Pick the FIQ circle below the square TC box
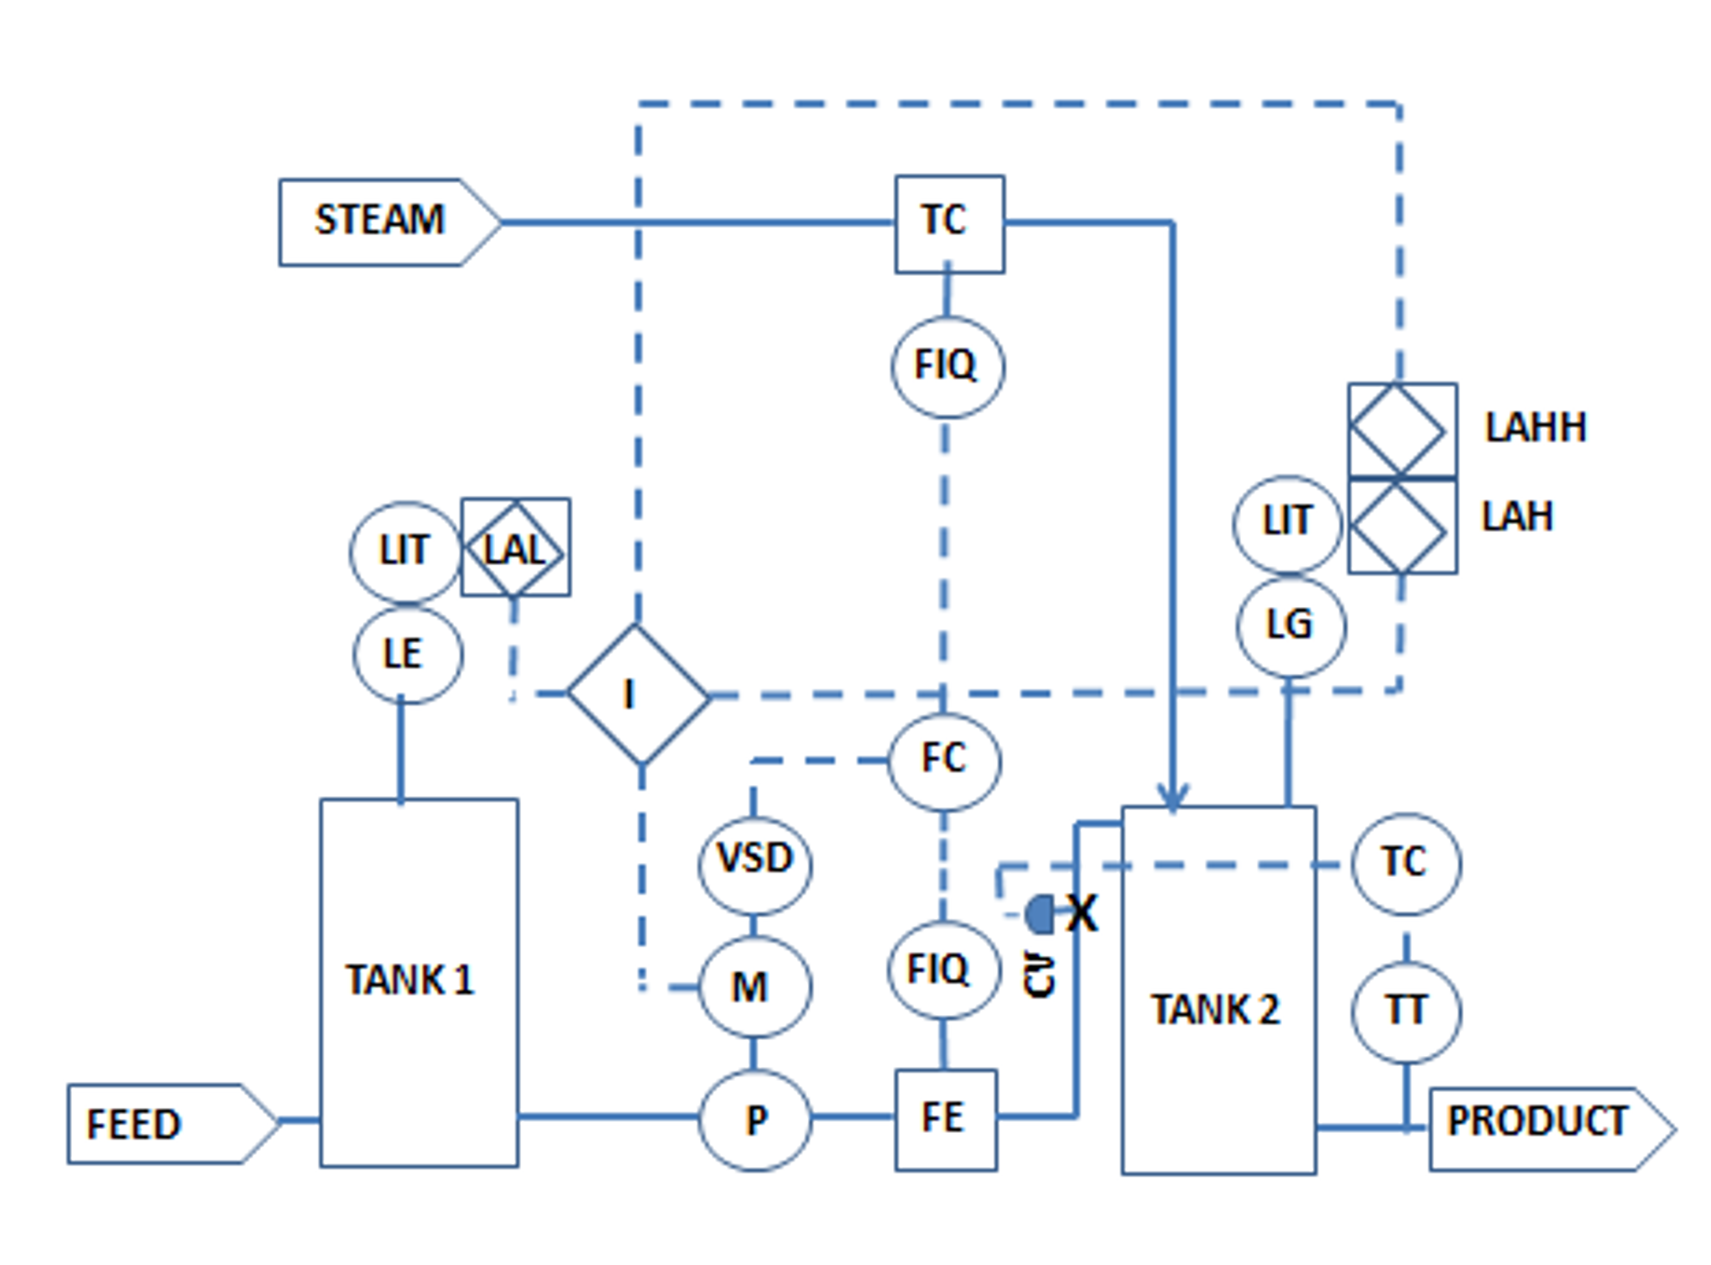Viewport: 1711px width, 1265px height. (947, 366)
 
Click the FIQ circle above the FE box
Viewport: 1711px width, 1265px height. (942, 970)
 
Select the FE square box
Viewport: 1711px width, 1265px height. (945, 1119)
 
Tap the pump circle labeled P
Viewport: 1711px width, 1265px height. (754, 1119)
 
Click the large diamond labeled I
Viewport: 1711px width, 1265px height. (637, 694)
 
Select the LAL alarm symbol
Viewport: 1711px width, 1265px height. (515, 548)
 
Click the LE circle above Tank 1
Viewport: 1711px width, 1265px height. (406, 654)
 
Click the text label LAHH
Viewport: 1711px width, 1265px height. (1535, 427)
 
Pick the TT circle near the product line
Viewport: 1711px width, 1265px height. (1406, 1012)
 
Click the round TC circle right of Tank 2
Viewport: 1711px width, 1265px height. (1406, 863)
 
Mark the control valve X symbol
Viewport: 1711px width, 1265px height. (1080, 913)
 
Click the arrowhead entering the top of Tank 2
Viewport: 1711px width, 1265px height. (1172, 797)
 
